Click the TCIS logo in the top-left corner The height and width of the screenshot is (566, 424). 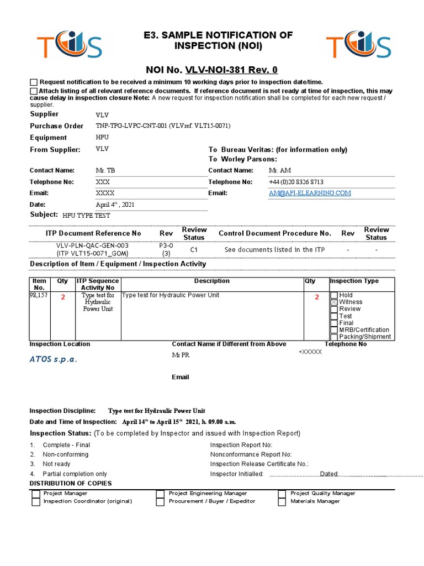(69, 48)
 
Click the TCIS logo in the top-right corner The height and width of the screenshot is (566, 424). (359, 48)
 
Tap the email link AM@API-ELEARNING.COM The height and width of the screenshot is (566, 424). (310, 193)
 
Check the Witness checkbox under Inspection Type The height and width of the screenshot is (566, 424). (333, 302)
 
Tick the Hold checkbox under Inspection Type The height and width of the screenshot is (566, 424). (333, 295)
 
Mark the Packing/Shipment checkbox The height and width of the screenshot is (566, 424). (333, 337)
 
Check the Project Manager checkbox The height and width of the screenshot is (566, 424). (35, 493)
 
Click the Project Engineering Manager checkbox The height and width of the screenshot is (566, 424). (160, 493)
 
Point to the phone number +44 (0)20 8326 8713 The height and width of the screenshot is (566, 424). (296, 182)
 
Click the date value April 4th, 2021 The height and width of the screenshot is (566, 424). (115, 205)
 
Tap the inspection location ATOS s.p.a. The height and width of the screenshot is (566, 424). (54, 359)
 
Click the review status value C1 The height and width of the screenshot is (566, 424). (194, 250)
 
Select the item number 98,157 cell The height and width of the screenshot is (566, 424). (39, 296)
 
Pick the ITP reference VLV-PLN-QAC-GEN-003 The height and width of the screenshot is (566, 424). (92, 245)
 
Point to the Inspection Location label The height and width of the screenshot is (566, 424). (60, 344)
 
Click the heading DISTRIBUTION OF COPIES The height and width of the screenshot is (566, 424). (70, 484)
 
